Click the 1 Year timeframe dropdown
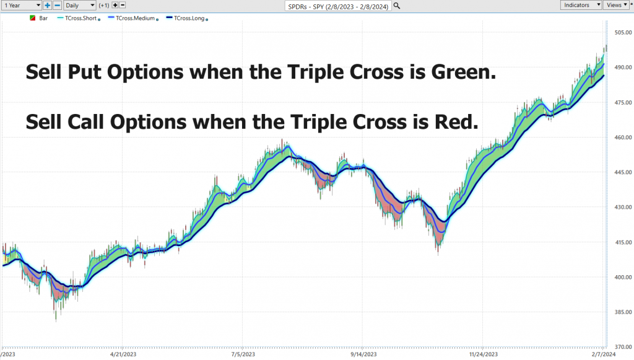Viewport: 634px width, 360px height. pyautogui.click(x=22, y=5)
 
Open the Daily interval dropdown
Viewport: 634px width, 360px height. pyautogui.click(x=80, y=5)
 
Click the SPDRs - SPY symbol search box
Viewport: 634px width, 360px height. pyautogui.click(x=338, y=6)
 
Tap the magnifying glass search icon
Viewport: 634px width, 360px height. pyautogui.click(x=397, y=6)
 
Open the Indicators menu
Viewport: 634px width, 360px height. pyautogui.click(x=581, y=5)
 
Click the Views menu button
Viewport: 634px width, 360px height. pyautogui.click(x=616, y=5)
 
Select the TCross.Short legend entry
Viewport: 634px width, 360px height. pyautogui.click(x=79, y=18)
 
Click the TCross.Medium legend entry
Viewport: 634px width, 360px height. pyautogui.click(x=134, y=18)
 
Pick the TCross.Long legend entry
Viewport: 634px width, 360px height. pyautogui.click(x=187, y=18)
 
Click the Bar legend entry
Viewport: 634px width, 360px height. pyautogui.click(x=39, y=18)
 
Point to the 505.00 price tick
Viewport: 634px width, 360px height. pyautogui.click(x=623, y=32)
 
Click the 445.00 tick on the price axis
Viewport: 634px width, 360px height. pyautogui.click(x=623, y=172)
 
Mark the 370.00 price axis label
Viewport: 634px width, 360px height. pyautogui.click(x=623, y=346)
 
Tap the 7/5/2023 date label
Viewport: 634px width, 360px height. pyautogui.click(x=243, y=354)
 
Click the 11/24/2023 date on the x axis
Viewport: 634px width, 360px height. pyautogui.click(x=483, y=354)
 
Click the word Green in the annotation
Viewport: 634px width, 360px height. pyautogui.click(x=463, y=72)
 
